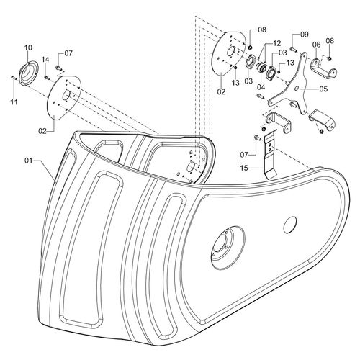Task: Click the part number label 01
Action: [28, 161]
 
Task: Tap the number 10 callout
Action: [28, 48]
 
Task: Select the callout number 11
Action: [14, 102]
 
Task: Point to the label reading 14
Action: [45, 60]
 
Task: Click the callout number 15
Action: [244, 168]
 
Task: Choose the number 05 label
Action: [323, 89]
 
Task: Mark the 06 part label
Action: [316, 45]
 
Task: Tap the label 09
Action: [305, 35]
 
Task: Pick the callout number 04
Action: [261, 87]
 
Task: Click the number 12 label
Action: [276, 43]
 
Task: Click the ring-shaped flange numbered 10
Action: [28, 73]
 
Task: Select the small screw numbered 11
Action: [13, 78]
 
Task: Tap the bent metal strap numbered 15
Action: [269, 157]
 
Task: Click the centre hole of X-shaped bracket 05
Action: [297, 89]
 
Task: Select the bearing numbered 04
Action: [261, 68]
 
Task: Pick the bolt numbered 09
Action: [294, 49]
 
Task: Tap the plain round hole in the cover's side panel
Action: [290, 225]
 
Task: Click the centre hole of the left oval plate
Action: [66, 95]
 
